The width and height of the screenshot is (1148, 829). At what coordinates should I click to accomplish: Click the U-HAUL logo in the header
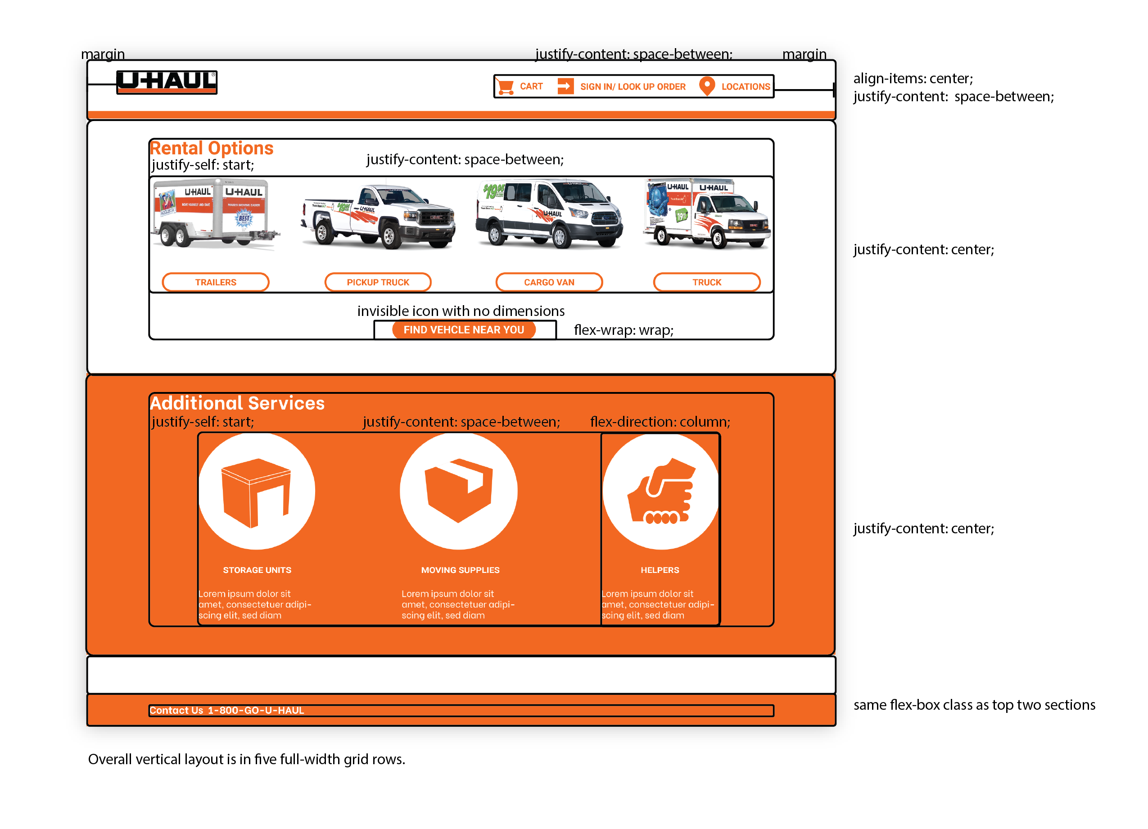[x=167, y=82]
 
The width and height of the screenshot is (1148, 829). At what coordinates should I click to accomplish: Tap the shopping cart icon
[x=505, y=86]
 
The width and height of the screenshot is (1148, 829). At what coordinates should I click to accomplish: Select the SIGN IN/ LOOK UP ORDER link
[x=632, y=86]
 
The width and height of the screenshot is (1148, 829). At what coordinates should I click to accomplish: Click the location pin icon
[x=707, y=86]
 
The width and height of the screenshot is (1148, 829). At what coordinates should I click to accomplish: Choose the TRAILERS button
[x=216, y=282]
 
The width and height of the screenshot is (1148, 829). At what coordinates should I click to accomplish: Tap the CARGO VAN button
[x=549, y=282]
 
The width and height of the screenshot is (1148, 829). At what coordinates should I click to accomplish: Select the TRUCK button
[x=707, y=282]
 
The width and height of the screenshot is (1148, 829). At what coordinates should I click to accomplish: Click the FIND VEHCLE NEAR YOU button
[x=464, y=330]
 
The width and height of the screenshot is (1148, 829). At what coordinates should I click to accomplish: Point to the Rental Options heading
[x=212, y=148]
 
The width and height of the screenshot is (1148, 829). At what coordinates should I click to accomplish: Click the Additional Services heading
[x=237, y=403]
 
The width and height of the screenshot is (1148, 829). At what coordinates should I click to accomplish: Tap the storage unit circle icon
[x=257, y=491]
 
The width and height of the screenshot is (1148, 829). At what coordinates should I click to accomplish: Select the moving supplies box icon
[x=459, y=491]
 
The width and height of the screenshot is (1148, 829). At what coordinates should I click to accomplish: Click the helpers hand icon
[x=660, y=491]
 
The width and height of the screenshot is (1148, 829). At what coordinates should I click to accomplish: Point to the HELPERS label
[x=660, y=570]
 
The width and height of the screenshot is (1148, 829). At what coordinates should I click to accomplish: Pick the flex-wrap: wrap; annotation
[x=624, y=330]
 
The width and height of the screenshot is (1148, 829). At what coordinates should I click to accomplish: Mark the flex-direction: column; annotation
[x=660, y=422]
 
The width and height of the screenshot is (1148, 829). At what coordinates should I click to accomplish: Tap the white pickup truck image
[x=378, y=216]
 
